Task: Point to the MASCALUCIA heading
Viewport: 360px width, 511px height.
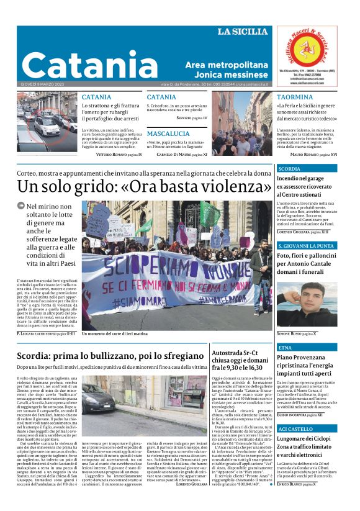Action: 168,133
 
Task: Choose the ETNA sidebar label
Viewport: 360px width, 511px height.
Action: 286,348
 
